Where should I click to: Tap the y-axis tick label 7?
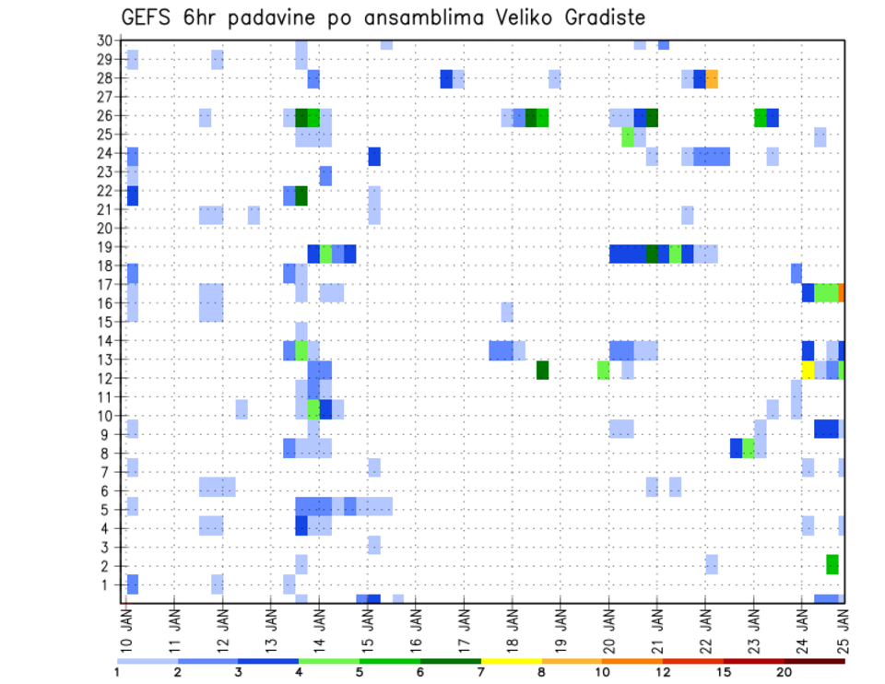click(x=107, y=472)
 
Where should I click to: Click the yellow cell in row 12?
click(x=808, y=370)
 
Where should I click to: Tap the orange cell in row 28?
click(x=712, y=78)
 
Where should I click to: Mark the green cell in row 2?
click(x=832, y=564)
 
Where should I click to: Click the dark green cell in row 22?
click(x=301, y=195)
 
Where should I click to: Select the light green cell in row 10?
click(x=313, y=407)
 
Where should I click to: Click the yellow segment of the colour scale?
click(x=511, y=661)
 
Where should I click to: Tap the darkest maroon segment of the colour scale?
click(x=815, y=661)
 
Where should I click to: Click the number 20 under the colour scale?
click(x=785, y=673)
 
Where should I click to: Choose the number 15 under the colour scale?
click(x=724, y=673)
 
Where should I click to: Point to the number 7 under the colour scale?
click(x=481, y=673)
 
